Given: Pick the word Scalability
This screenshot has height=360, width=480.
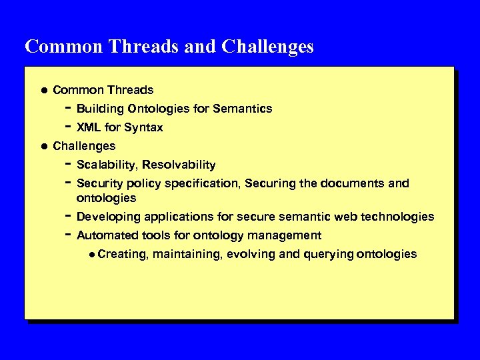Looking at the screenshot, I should [107, 165].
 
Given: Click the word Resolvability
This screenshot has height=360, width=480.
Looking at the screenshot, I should [179, 165].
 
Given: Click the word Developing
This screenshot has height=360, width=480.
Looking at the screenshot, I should [109, 217].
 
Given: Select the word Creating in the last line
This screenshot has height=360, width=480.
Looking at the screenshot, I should [122, 254].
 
